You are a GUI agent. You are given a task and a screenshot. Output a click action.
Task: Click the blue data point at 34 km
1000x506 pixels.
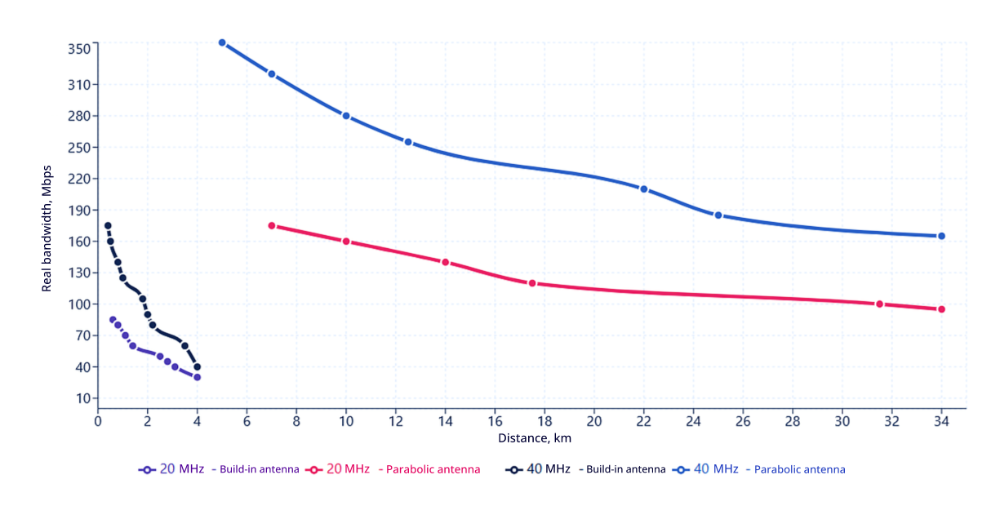pyautogui.click(x=941, y=236)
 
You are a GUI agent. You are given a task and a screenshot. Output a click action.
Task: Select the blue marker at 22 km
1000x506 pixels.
pyautogui.click(x=643, y=189)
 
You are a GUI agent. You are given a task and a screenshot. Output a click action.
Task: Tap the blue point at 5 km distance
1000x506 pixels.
pyautogui.click(x=221, y=42)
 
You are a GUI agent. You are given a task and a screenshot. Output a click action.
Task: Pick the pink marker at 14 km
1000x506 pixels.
pyautogui.click(x=445, y=262)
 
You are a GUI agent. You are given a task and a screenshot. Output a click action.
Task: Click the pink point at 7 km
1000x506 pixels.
pyautogui.click(x=271, y=225)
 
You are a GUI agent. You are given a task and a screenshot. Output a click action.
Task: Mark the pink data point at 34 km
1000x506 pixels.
pyautogui.click(x=941, y=309)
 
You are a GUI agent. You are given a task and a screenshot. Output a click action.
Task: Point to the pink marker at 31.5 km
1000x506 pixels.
pyautogui.click(x=879, y=304)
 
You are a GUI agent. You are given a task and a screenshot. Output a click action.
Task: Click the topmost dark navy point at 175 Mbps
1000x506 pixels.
pyautogui.click(x=107, y=225)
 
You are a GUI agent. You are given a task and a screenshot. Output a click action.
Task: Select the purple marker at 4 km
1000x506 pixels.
pyautogui.click(x=197, y=377)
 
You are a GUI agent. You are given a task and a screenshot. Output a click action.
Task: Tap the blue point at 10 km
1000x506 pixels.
pyautogui.click(x=345, y=116)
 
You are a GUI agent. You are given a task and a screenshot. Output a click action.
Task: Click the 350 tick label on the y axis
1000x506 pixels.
pyautogui.click(x=78, y=49)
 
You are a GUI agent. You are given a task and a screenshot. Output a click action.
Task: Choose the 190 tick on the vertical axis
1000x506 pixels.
pyautogui.click(x=78, y=210)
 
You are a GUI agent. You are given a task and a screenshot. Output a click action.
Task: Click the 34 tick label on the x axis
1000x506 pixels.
pyautogui.click(x=941, y=421)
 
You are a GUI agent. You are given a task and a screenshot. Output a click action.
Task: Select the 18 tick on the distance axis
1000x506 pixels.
pyautogui.click(x=544, y=421)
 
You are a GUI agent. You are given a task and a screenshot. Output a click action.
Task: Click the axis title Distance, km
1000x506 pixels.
pyautogui.click(x=534, y=438)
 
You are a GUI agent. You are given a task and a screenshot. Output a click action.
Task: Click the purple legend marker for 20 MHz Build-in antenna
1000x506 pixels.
pyautogui.click(x=147, y=469)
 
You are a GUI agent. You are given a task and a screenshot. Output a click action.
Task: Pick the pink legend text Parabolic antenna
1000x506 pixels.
pyautogui.click(x=433, y=469)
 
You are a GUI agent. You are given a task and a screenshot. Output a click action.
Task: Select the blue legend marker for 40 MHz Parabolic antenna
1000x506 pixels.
pyautogui.click(x=679, y=469)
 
